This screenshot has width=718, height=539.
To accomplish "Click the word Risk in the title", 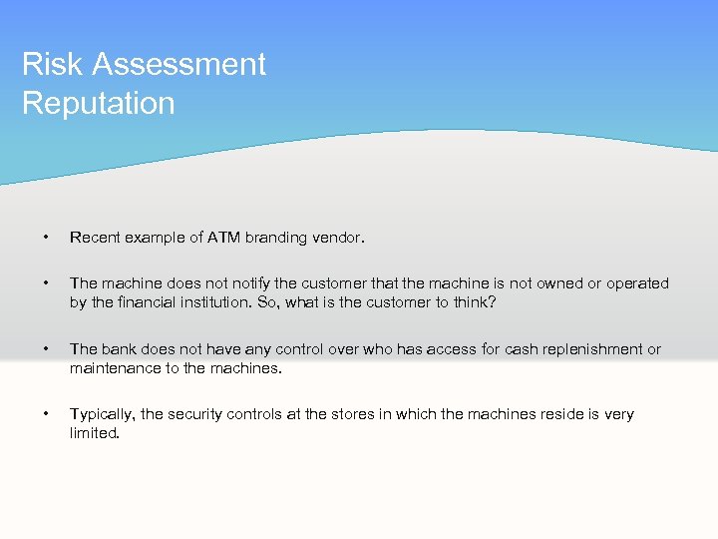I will [51, 65].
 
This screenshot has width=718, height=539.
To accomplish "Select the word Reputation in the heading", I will [98, 103].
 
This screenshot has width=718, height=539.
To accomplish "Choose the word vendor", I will [341, 238].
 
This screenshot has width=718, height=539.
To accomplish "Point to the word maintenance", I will [114, 368].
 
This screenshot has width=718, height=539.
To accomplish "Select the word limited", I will [95, 433].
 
